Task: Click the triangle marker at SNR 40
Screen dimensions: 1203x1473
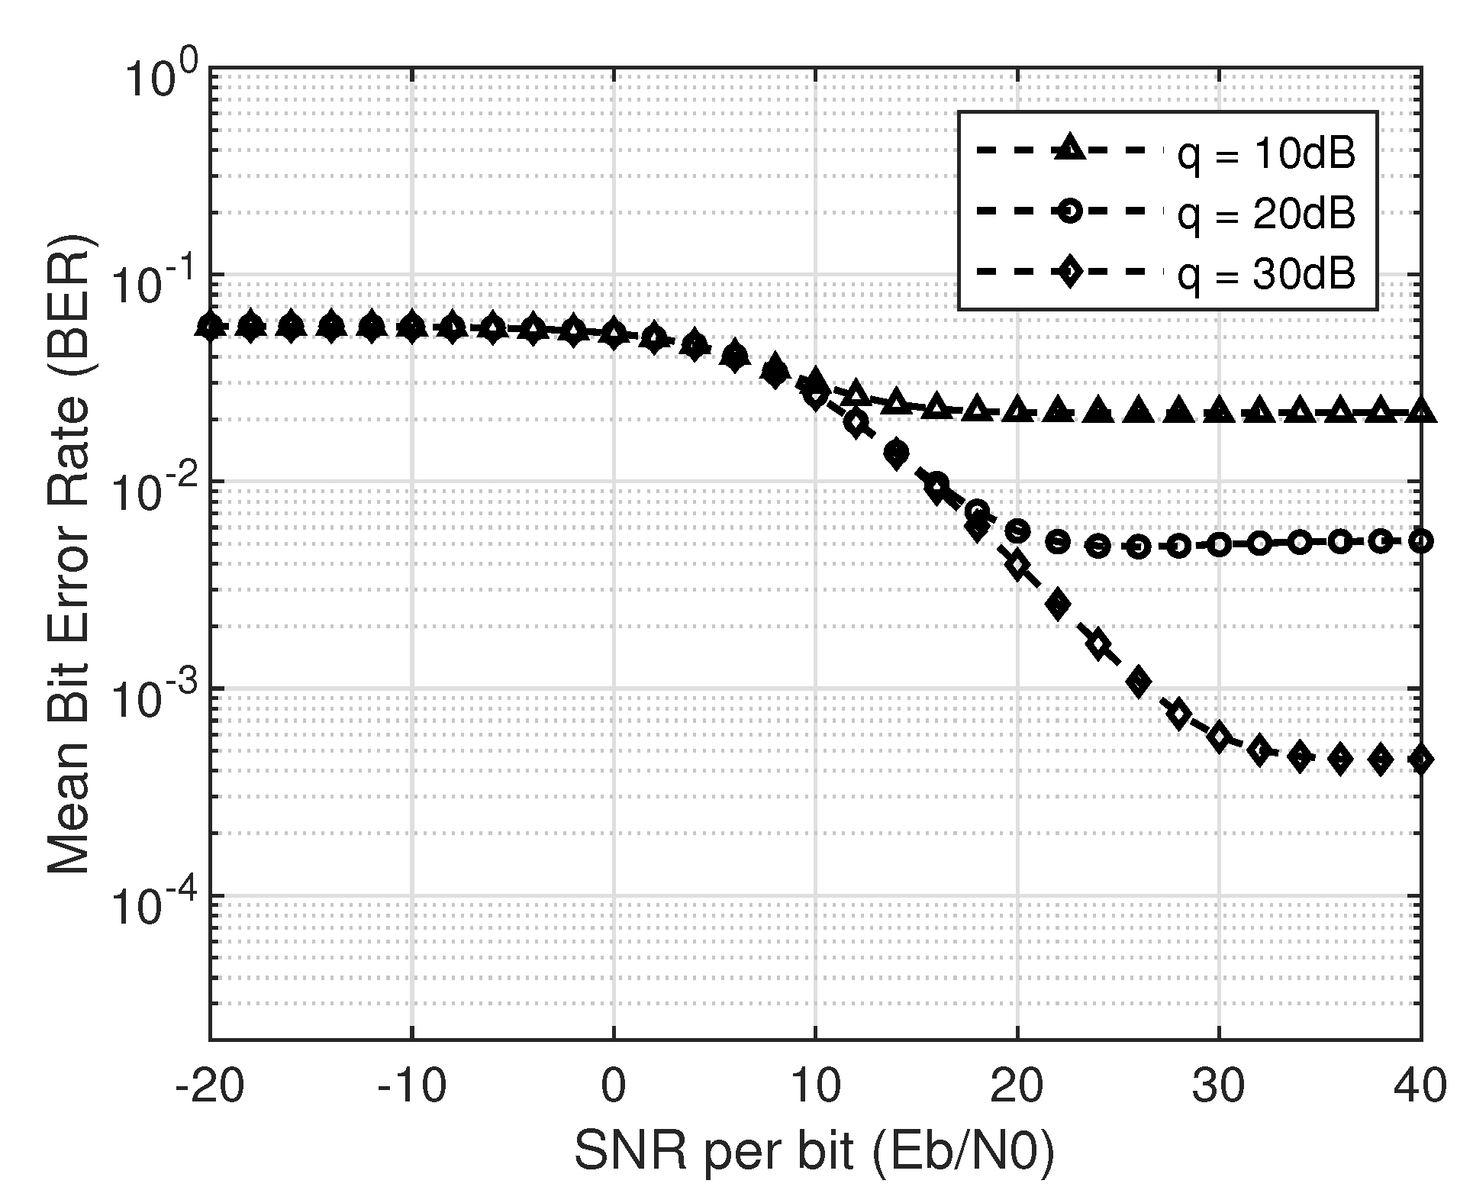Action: pos(1420,412)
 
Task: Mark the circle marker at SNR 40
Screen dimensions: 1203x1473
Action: pos(1420,542)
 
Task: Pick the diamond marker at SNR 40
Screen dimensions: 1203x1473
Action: pos(1420,760)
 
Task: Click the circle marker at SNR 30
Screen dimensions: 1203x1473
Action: pos(1219,545)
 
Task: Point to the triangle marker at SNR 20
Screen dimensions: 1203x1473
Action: pos(1017,411)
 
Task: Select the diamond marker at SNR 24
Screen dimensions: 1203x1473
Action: pos(1098,643)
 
